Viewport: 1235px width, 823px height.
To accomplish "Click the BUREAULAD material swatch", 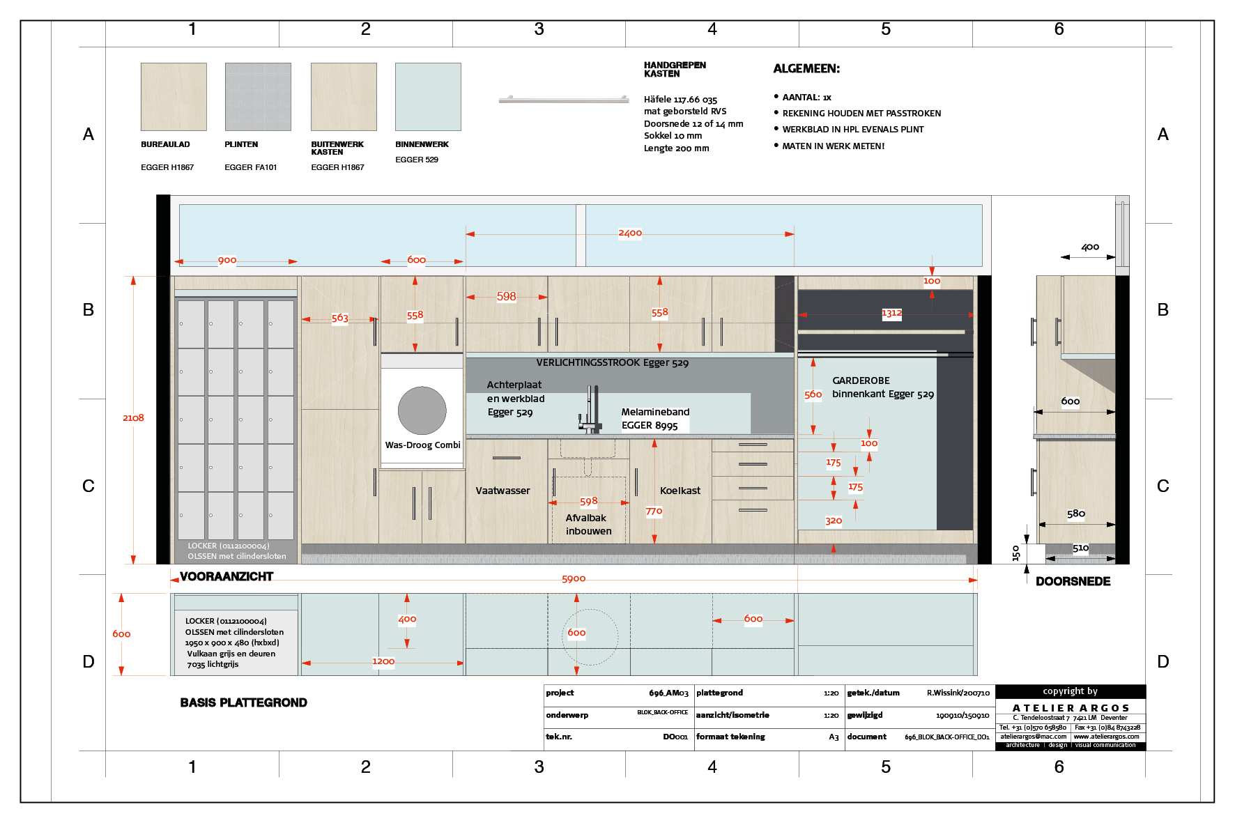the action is pos(174,97).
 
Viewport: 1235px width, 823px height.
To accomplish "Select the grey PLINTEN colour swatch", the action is pos(258,97).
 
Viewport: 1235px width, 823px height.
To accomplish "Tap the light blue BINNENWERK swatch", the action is pos(428,97).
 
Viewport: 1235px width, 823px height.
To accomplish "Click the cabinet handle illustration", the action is pos(564,100).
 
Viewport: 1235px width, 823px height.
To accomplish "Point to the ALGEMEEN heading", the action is pos(806,68).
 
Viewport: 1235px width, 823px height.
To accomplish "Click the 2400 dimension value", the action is pos(630,233).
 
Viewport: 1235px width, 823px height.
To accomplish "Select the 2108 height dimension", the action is pos(133,418).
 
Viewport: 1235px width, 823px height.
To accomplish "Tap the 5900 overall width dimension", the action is pos(574,579).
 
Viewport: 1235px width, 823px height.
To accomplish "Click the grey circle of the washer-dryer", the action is pos(422,410).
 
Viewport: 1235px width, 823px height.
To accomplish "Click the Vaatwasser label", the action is pos(503,491).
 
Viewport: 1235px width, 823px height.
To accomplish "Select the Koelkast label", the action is pos(680,491).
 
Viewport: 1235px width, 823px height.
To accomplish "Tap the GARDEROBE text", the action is pos(861,380).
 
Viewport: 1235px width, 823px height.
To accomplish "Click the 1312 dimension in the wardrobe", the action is pos(891,313).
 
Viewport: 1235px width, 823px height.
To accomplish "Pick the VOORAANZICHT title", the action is pos(227,576).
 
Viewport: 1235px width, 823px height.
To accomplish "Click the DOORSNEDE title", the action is pos(1073,581).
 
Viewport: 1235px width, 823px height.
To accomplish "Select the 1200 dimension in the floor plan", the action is pos(383,661).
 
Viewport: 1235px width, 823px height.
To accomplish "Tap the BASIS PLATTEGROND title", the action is pos(243,702).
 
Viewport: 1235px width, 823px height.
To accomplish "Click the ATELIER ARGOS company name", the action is pos(1071,708).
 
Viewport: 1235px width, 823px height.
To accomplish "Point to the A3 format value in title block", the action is pos(834,737).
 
